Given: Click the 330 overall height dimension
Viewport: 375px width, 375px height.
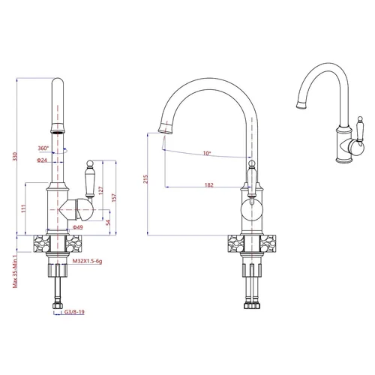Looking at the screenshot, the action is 15,156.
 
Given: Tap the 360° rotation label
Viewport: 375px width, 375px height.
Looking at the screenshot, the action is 43,148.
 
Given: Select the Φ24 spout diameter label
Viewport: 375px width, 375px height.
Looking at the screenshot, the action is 42,160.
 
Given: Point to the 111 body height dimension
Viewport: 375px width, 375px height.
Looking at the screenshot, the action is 23,208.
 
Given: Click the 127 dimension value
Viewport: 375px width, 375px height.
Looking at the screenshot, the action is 100,190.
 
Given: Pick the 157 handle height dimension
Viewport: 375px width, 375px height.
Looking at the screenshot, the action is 114,198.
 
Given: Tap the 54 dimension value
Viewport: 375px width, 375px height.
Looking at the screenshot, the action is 108,222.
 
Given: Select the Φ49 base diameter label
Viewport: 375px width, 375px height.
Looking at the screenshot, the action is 78,227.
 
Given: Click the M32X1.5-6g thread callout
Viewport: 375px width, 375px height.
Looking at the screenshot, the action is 87,261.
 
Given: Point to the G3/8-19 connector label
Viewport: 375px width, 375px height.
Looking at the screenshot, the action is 74,312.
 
